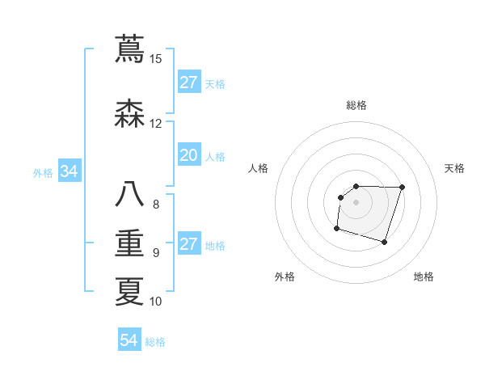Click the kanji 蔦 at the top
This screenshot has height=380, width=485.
click(129, 49)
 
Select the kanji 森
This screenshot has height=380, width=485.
click(129, 114)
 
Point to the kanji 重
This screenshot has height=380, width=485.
click(129, 243)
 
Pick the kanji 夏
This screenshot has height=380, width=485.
click(129, 292)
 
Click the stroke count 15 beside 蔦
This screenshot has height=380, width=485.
click(156, 59)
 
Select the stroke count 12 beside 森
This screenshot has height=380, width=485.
click(156, 124)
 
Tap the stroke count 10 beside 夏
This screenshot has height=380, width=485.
click(156, 302)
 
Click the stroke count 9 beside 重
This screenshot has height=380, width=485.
click(156, 253)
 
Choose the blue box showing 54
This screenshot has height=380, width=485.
click(129, 340)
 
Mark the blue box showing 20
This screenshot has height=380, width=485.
click(189, 156)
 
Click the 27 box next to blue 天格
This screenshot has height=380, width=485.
click(189, 82)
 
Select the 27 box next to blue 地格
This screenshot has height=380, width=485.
click(189, 245)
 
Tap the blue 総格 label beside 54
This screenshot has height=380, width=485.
click(155, 342)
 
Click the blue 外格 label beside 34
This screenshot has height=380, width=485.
click(43, 172)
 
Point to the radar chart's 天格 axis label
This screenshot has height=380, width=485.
click(454, 168)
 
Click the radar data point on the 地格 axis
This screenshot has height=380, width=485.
click(385, 243)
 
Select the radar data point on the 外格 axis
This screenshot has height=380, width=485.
click(336, 229)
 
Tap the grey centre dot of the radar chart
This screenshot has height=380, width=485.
click(356, 202)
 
